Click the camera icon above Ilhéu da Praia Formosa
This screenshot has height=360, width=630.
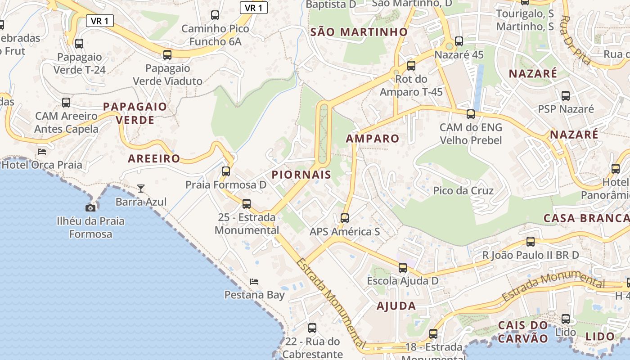point(90,207)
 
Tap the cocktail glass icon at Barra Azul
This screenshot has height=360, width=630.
point(141,188)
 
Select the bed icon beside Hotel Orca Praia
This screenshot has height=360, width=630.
point(42,152)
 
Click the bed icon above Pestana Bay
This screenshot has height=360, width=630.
point(254,282)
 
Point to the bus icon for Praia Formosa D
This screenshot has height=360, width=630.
point(226,171)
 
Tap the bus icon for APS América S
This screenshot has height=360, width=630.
point(345,218)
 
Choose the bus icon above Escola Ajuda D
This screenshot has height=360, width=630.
point(403,268)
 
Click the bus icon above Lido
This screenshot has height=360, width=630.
point(566,319)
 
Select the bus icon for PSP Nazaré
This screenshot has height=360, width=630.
point(566,96)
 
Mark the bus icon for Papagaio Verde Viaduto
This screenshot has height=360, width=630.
point(167,55)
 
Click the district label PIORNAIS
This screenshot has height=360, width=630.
point(301,175)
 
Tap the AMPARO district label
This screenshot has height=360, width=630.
point(373,139)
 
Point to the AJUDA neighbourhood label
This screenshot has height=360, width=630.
point(396,306)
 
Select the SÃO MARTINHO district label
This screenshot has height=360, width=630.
point(359,32)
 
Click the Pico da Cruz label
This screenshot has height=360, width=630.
point(463,190)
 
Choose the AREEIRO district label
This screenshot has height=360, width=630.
point(154,158)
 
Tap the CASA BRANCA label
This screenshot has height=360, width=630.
point(586,218)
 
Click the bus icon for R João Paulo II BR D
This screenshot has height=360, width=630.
point(531,242)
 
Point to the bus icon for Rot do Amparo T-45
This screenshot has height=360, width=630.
point(411,66)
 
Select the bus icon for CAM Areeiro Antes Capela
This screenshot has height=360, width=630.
point(66,103)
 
